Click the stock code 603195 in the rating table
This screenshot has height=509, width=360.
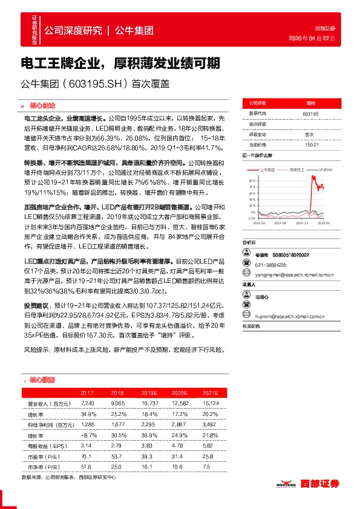click(310, 114)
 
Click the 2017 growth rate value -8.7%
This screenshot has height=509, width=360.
click(88, 435)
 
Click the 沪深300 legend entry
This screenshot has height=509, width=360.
click(326, 170)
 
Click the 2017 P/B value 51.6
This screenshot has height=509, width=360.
click(88, 468)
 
